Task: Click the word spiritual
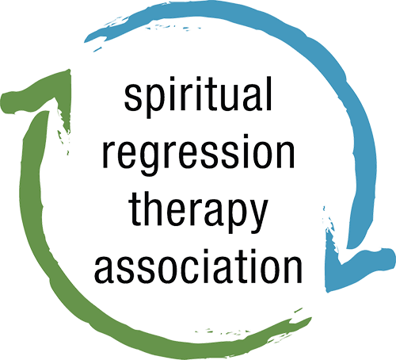pos(198,97)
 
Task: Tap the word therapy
pos(198,213)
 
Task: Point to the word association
pos(198,266)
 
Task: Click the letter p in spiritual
pos(154,101)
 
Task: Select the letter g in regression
pos(150,159)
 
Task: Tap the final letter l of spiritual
pos(268,94)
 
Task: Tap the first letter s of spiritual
pos(134,97)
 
